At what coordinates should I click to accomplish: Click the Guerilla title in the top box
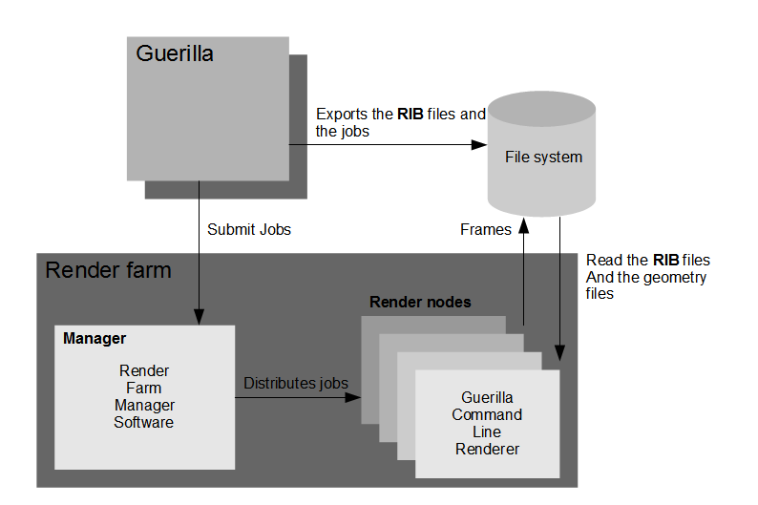[x=175, y=53]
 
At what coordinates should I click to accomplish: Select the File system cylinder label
[x=543, y=157]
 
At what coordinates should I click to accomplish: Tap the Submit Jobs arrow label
[x=249, y=229]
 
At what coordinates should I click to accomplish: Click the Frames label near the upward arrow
[x=486, y=229]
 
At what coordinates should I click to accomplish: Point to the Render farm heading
[x=108, y=270]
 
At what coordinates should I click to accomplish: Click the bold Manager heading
[x=95, y=338]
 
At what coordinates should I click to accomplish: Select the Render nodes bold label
[x=420, y=302]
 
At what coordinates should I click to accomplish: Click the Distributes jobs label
[x=296, y=383]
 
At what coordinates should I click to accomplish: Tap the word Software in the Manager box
[x=144, y=422]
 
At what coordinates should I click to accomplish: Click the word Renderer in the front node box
[x=487, y=449]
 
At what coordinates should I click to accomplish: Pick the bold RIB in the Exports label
[x=411, y=114]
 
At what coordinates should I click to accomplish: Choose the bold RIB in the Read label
[x=665, y=260]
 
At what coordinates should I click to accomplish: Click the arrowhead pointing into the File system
[x=480, y=144]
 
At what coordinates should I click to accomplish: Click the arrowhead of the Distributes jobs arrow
[x=354, y=397]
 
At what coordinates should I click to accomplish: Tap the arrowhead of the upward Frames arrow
[x=522, y=228]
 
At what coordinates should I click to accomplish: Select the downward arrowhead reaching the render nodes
[x=559, y=355]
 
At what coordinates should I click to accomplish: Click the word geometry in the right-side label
[x=673, y=277]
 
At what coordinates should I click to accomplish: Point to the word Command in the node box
[x=487, y=414]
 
